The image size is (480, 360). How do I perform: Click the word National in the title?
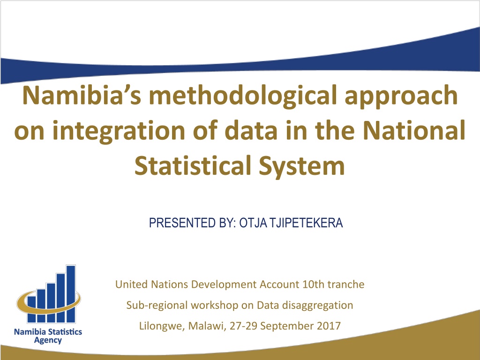[414, 130]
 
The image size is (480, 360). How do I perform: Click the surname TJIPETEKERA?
[306, 223]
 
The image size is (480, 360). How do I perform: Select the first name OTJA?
[253, 223]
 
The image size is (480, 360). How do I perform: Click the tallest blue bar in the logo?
[71, 293]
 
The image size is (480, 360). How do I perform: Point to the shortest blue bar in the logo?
[31, 309]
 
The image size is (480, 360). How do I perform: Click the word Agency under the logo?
[48, 341]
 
